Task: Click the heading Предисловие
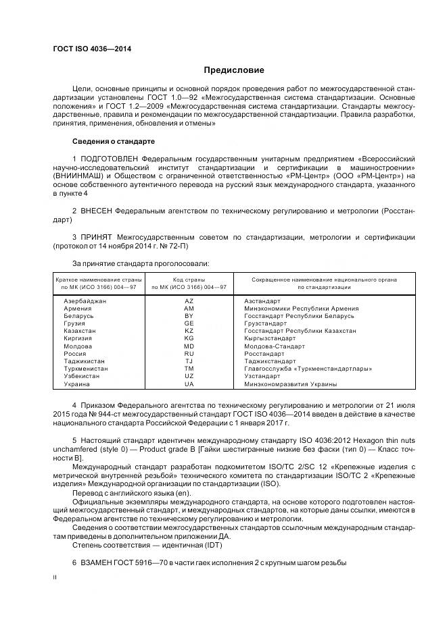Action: coord(234,70)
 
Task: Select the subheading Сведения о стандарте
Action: coord(114,142)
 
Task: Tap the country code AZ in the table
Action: coord(189,300)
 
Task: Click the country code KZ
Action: coord(189,331)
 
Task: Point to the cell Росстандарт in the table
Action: coord(264,353)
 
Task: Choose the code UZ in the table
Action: coord(189,376)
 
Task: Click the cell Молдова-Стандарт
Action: coord(273,346)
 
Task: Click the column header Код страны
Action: coord(189,279)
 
